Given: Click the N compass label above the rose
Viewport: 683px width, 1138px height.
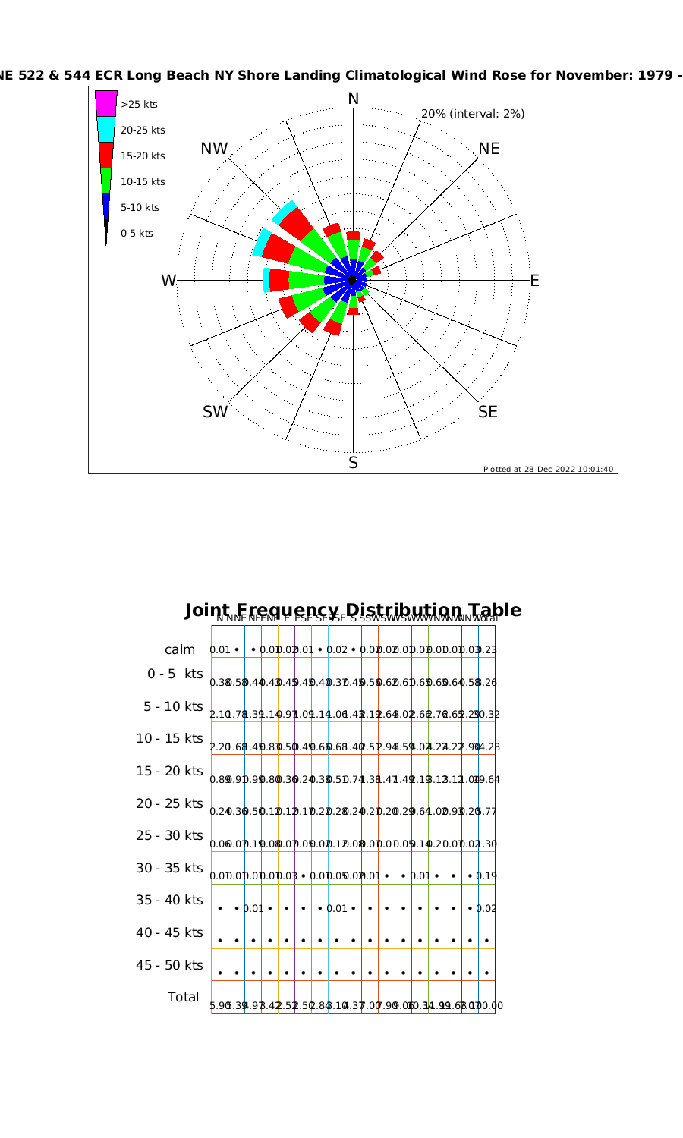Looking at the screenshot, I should [x=353, y=99].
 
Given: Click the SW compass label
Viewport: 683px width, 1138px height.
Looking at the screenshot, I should [x=215, y=412].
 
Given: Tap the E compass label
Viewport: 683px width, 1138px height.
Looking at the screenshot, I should [x=534, y=281].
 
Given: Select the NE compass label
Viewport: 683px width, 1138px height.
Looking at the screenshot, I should [x=489, y=149].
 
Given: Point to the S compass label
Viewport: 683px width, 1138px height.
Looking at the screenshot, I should [x=353, y=463].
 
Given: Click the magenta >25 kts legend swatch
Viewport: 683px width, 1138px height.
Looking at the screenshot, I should [x=106, y=103].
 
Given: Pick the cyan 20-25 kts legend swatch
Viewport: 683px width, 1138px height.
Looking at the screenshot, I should [x=106, y=129].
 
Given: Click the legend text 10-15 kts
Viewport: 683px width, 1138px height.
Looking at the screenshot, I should [x=143, y=182].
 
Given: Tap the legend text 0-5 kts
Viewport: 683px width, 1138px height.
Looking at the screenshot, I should [x=137, y=234].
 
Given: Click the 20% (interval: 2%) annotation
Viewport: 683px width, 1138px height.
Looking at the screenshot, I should [x=472, y=114].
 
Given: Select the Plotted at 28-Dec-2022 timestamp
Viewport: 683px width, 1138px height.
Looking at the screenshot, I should [x=548, y=469].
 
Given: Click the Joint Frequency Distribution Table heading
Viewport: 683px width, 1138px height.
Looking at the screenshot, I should [x=353, y=610].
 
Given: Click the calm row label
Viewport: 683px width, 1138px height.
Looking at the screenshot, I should [x=180, y=649].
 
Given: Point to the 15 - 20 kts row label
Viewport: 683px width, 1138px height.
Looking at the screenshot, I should [x=169, y=771].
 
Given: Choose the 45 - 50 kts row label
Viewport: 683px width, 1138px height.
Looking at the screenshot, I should [x=169, y=965].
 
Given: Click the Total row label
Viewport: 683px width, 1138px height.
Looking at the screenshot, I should [x=183, y=997].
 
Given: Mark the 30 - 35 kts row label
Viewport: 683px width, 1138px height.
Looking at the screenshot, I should [x=169, y=868].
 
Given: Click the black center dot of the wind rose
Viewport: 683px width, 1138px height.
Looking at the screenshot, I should [x=352, y=280].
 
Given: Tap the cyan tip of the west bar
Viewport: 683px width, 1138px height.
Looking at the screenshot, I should [x=266, y=280].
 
